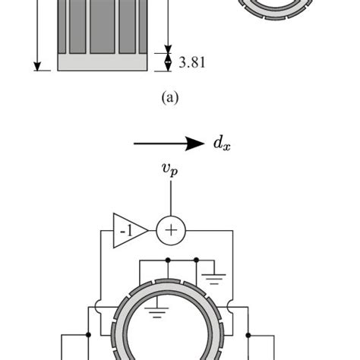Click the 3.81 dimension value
point(192,62)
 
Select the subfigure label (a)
point(170,97)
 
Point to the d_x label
point(222,144)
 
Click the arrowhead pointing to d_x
point(194,144)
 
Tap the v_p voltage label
point(170,169)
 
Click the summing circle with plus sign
point(171,231)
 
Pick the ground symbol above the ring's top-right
point(214,279)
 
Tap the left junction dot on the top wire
point(168,260)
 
